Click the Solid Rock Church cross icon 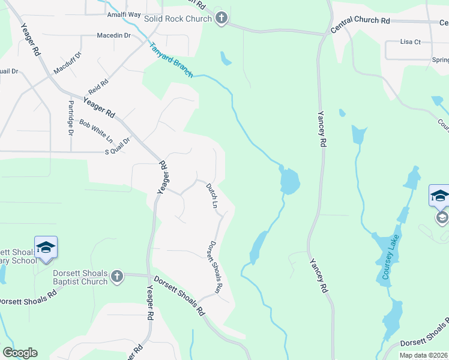tap(221, 19)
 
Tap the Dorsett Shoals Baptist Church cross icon tap(117, 277)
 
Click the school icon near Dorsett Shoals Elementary tap(46, 248)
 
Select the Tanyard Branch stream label tap(171, 59)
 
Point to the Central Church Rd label tap(360, 20)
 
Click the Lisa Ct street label tap(411, 42)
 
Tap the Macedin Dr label tap(114, 36)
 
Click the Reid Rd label tap(98, 86)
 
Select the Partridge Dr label tap(70, 118)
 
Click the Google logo tap(20, 353)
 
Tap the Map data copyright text tap(423, 355)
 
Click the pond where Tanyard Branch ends tap(289, 181)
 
